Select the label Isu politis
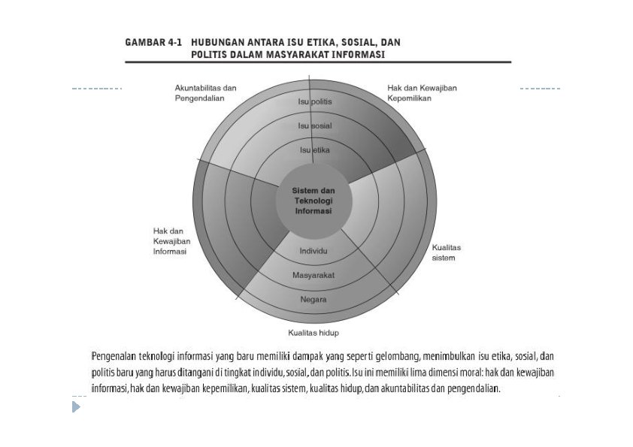(x=315, y=101)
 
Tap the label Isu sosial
(x=315, y=125)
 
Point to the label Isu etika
(x=315, y=150)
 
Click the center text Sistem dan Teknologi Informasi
(x=313, y=201)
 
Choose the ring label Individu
(x=313, y=250)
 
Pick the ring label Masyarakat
(x=313, y=275)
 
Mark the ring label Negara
(x=313, y=299)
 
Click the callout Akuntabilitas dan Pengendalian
(x=201, y=92)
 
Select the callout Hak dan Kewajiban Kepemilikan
(x=422, y=92)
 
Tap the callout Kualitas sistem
(x=447, y=252)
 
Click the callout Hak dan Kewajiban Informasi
(x=171, y=241)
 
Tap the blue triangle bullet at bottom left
(x=76, y=407)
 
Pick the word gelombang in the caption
(x=397, y=356)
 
